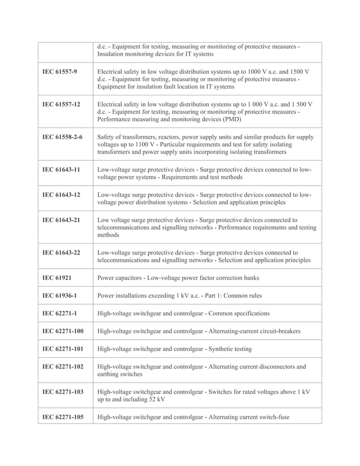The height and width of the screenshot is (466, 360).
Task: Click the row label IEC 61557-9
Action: pyautogui.click(x=60, y=73)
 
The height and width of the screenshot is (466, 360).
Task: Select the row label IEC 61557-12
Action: pyautogui.click(x=62, y=105)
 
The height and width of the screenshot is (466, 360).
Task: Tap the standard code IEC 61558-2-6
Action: pyautogui.click(x=63, y=137)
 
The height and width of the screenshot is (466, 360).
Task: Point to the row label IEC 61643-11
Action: pyautogui.click(x=62, y=169)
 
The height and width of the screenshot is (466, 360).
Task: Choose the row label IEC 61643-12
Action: pyautogui.click(x=62, y=195)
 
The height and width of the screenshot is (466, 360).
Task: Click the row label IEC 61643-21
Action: pyautogui.click(x=62, y=220)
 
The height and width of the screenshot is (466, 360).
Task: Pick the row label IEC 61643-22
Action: pyautogui.click(x=62, y=253)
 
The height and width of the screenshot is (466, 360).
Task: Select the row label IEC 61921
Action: pyautogui.click(x=57, y=278)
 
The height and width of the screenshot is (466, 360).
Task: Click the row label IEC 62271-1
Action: pyautogui.click(x=60, y=313)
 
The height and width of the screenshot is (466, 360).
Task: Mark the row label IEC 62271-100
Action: pyautogui.click(x=64, y=331)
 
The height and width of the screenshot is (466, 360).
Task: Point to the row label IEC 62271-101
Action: pyautogui.click(x=64, y=349)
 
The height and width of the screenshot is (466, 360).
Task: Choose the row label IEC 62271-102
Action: pyautogui.click(x=64, y=367)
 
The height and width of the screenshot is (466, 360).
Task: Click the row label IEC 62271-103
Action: pyautogui.click(x=64, y=392)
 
